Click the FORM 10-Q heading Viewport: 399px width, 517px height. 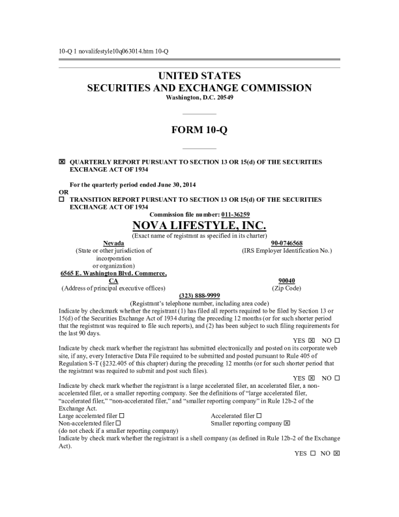tap(199, 130)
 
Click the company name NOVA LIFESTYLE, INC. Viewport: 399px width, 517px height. tap(199, 225)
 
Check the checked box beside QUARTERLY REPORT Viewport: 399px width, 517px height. tap(62, 161)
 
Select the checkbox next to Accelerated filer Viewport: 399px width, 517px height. tap(259, 415)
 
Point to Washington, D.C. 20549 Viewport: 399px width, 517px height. tap(199, 97)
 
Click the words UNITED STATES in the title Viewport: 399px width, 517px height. tap(199, 76)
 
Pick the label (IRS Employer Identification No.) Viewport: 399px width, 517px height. tap(286, 250)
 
